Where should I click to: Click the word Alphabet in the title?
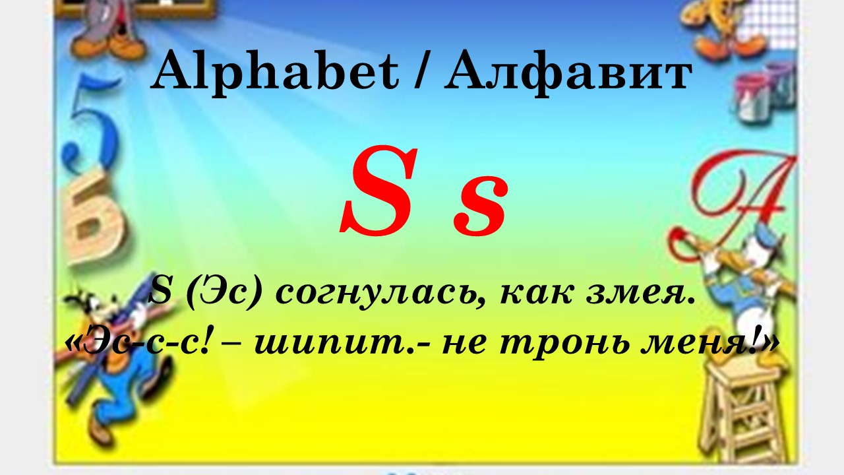pyautogui.click(x=275, y=72)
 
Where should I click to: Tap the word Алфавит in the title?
pyautogui.click(x=568, y=73)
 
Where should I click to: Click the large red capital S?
pyautogui.click(x=378, y=191)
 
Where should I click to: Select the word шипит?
pyautogui.click(x=334, y=342)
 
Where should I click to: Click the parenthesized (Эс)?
pyautogui.click(x=224, y=294)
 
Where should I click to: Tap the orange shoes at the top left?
pyautogui.click(x=109, y=47)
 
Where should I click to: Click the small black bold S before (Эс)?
pyautogui.click(x=160, y=293)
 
